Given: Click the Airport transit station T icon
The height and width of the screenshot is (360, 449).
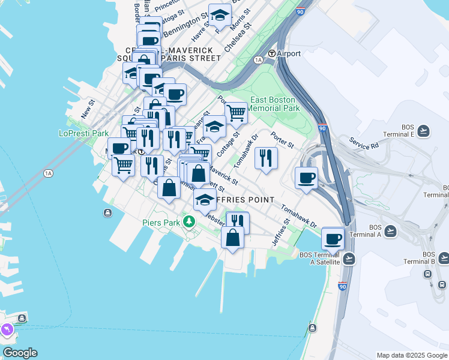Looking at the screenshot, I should (271, 53).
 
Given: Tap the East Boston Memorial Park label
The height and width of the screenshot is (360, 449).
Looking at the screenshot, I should (274, 104).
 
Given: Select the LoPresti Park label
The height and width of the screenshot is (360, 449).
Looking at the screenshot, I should (84, 133).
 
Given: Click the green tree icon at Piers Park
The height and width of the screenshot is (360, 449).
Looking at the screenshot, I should (189, 223).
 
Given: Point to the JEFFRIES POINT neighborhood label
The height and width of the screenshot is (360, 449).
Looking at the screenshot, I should (243, 199).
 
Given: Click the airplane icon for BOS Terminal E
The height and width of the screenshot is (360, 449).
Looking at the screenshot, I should (424, 131).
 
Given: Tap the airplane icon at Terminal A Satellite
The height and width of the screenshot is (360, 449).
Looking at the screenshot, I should (349, 259).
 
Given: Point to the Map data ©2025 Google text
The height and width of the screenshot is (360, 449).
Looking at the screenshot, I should (411, 355).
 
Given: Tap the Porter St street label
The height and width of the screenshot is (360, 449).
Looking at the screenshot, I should (282, 141).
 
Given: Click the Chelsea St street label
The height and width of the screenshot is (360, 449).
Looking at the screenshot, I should (237, 37).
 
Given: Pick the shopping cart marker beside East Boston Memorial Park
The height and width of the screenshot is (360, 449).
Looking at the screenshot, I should (236, 112).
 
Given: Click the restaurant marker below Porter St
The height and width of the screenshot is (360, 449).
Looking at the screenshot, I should (265, 158).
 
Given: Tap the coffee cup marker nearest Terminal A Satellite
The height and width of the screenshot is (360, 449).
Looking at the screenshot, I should (333, 238).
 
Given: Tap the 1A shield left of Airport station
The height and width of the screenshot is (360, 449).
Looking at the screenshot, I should (259, 60).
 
